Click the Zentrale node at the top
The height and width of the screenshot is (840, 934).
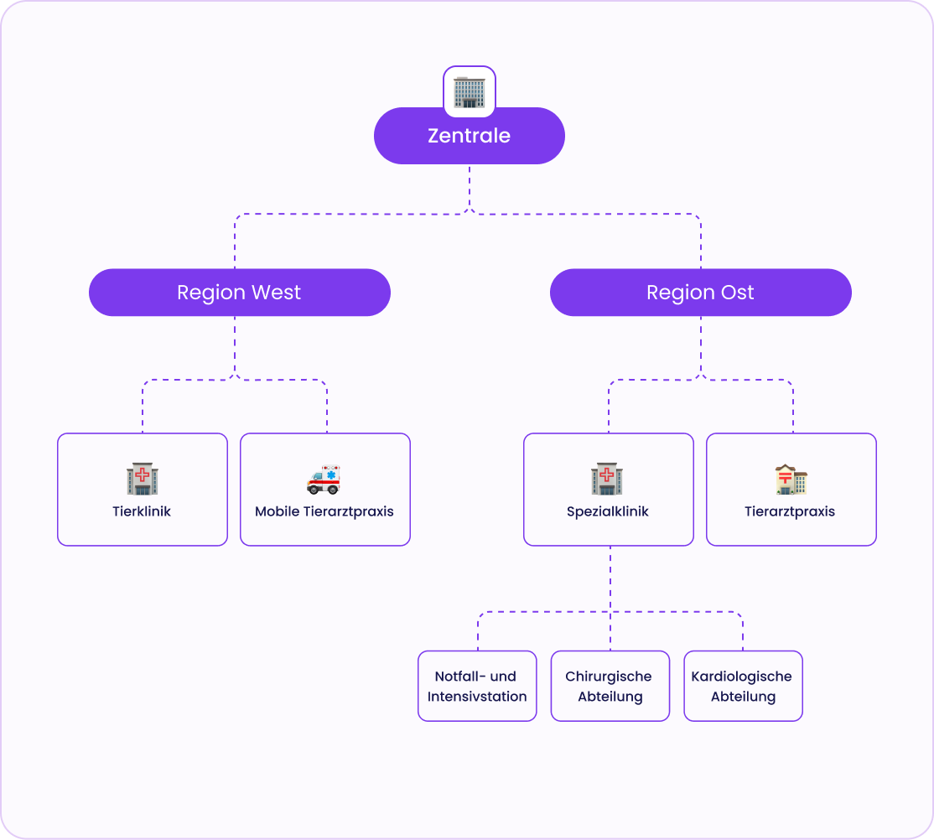coord(469,136)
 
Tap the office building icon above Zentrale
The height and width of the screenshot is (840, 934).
coord(470,91)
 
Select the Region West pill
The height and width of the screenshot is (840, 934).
coord(239,293)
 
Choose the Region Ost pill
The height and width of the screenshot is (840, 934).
coord(700,293)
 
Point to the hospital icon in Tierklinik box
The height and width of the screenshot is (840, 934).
coord(143,479)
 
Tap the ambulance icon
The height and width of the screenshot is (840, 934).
coord(324,479)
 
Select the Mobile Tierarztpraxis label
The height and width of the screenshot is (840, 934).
coord(324,511)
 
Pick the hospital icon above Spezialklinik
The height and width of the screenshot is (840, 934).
coord(607,479)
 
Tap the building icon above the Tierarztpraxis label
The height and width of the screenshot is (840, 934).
coord(791,479)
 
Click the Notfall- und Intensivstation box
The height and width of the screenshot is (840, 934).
coord(477,686)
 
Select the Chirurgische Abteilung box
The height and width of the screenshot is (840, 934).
coord(610,686)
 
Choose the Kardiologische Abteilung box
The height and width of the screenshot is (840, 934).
coord(742,686)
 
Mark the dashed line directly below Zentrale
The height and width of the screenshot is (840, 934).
coord(470,186)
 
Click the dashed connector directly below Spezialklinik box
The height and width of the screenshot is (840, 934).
coord(610,578)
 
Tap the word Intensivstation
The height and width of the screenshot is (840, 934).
coord(477,697)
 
